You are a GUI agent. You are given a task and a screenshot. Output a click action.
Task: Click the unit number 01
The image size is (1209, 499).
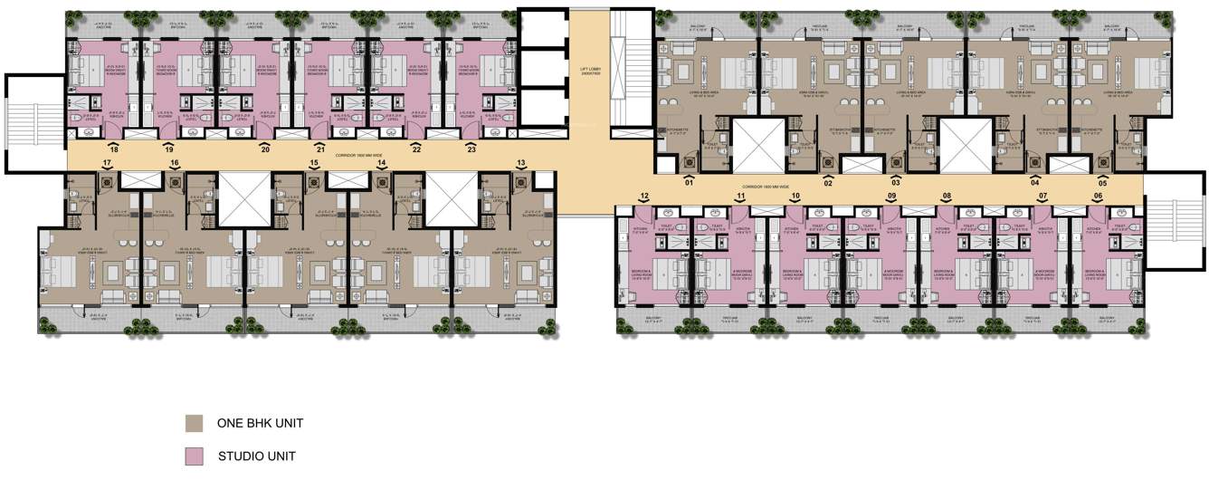689,183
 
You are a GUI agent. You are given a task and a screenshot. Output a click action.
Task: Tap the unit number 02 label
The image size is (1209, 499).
827,183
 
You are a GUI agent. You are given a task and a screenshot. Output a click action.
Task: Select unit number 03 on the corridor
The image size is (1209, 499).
896,183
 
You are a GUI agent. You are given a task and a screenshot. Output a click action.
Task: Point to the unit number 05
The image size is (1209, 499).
1102,183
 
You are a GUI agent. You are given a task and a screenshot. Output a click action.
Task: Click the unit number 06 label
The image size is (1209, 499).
1098,197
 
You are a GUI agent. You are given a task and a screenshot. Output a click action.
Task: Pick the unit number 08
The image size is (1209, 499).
947,197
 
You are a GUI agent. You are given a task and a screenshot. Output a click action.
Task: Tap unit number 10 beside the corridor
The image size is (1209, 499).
795,197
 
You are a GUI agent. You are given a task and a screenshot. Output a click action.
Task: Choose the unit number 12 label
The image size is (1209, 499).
644,197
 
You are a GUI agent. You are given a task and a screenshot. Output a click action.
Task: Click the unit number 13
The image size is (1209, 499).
521,164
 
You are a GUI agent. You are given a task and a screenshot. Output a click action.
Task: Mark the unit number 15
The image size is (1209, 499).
314,164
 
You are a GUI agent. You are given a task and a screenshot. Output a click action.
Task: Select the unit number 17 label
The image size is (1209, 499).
108,164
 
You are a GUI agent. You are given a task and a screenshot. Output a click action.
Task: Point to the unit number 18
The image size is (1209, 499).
114,149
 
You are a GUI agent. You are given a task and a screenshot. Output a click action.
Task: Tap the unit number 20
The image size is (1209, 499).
265,149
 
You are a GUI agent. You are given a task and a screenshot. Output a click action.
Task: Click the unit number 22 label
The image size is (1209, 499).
416,149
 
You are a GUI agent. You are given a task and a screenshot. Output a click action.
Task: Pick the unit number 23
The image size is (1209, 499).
471,149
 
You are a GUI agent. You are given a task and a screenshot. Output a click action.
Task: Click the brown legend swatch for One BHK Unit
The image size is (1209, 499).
194,424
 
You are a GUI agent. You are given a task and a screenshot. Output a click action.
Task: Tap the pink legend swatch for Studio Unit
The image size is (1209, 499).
194,456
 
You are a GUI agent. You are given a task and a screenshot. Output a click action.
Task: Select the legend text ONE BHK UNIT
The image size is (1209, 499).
260,424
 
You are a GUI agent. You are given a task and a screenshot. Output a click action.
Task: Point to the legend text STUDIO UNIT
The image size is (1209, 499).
256,456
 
